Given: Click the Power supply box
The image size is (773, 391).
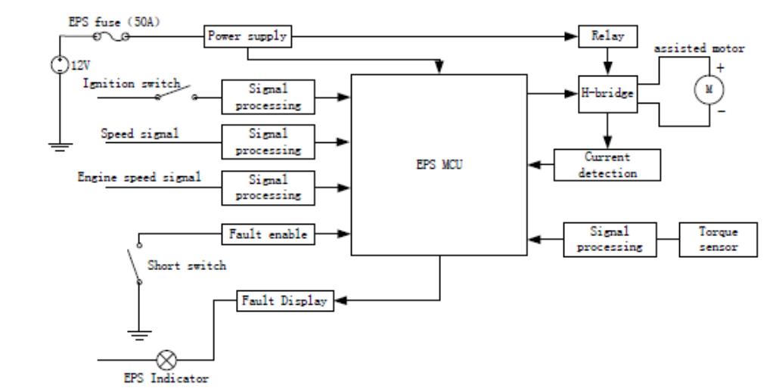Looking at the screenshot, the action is coord(247,36).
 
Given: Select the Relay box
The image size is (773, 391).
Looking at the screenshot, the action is coord(608,36).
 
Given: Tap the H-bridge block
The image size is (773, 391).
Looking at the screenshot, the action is coord(608,95).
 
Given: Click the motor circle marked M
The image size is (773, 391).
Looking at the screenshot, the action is coord(709,90).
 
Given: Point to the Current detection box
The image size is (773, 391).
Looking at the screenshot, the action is coord(607,165).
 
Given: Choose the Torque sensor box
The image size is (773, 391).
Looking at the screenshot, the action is coord(719,240).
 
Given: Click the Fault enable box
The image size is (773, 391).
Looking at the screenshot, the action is coord(269,234).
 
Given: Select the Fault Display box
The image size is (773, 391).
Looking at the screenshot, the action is coord(285,301).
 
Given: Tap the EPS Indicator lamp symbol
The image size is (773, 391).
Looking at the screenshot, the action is coord(166,360).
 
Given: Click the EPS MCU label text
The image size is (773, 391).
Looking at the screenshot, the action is coord(439,165).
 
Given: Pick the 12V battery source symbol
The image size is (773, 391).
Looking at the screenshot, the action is coord(60,65).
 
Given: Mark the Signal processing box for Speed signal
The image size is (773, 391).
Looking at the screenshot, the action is coord(269,142).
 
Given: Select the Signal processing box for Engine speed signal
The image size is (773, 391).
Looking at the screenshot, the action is coord(269,188).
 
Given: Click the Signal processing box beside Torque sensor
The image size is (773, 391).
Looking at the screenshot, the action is coord(610,240).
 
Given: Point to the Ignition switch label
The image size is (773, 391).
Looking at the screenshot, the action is coord(132,83).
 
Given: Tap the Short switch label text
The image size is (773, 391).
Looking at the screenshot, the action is coord(187,265).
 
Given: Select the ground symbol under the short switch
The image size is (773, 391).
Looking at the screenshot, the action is coord(139,335).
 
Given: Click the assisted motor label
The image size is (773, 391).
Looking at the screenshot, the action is coord(699,49).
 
